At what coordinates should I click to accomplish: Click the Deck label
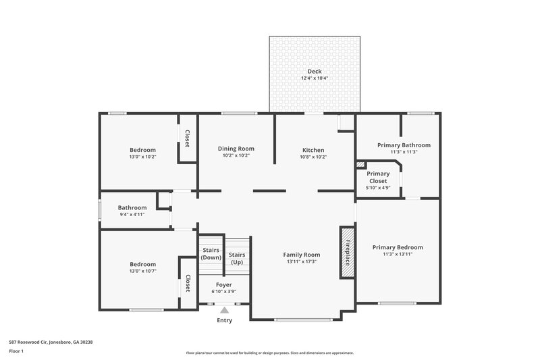(315, 72)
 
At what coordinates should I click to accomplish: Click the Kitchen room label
(313, 150)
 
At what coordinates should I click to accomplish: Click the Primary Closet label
(378, 178)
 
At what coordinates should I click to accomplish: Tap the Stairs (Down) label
(211, 254)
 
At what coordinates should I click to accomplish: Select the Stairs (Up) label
(237, 258)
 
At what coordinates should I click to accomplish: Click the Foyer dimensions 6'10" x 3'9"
(224, 292)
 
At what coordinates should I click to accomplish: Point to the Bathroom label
(132, 208)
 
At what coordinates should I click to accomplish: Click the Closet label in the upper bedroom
(187, 138)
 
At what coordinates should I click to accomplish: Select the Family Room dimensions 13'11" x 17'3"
(301, 261)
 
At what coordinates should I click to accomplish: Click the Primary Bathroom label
(404, 145)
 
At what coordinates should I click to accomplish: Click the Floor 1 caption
(16, 351)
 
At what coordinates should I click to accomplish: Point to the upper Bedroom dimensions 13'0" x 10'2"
(142, 157)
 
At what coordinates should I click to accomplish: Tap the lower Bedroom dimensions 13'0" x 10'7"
(142, 272)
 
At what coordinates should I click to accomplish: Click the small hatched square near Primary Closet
(360, 164)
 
